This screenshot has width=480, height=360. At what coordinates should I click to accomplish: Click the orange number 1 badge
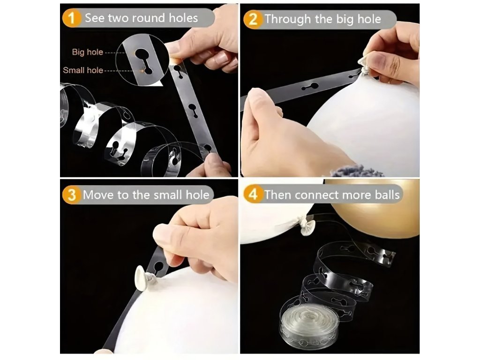coord(71,18)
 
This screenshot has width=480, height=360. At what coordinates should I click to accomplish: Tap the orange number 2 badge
coord(253,19)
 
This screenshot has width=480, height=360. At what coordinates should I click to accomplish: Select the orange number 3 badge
coord(71,195)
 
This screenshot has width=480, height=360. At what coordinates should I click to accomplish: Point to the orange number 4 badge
coord(253,195)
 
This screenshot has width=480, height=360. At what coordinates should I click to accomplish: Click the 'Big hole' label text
coord(88,52)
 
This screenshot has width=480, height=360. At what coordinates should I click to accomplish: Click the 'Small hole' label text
coord(83,70)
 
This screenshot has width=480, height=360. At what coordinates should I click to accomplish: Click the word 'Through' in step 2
coord(288,19)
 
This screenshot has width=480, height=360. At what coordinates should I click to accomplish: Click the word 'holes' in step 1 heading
coord(183,18)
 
